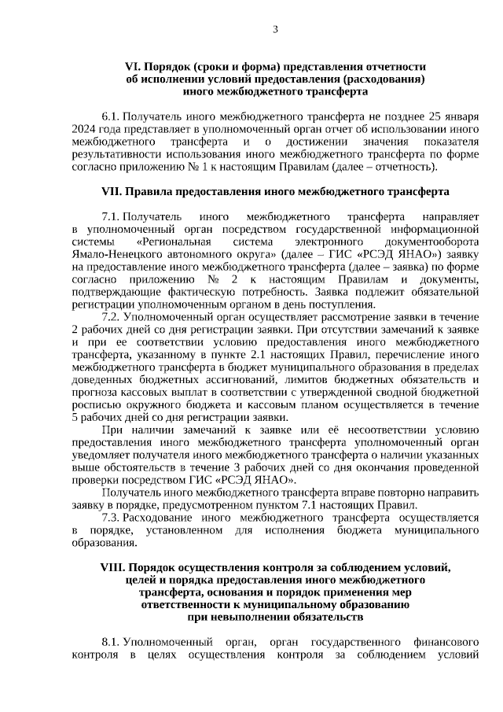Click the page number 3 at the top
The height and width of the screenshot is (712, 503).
coord(275,30)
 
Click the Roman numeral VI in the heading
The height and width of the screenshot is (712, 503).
coord(132,67)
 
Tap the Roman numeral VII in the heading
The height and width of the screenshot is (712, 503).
coord(111,190)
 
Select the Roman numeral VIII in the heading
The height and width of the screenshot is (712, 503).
coord(113,567)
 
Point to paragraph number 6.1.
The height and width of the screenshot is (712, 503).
coord(110,115)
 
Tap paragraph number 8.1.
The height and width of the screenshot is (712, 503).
coord(110,642)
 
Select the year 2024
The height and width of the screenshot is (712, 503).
coord(84,128)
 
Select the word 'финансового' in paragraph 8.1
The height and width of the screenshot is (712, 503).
coord(445,642)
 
